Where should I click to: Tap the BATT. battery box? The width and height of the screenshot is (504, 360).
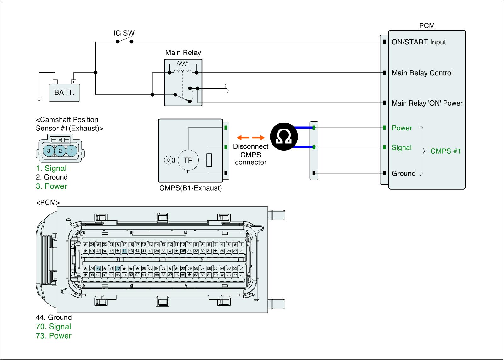(x=64, y=93)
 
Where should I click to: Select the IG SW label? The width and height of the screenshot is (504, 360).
(x=124, y=33)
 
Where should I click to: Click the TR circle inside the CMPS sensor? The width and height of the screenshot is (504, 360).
(x=188, y=160)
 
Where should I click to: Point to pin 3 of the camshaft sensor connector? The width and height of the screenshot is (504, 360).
(x=49, y=151)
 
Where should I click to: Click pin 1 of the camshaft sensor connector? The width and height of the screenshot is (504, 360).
(x=72, y=151)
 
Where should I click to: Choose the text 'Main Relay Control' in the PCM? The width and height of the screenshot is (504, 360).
(x=422, y=73)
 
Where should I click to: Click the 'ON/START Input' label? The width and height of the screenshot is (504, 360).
(x=419, y=42)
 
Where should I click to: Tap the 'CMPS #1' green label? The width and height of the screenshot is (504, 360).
(x=445, y=151)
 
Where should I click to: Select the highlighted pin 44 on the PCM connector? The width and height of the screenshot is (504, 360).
(x=124, y=251)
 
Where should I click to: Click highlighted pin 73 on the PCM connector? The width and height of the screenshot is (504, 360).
(x=98, y=268)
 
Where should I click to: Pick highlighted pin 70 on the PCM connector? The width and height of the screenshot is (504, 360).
(x=118, y=268)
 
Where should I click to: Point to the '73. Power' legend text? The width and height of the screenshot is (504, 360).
(x=54, y=336)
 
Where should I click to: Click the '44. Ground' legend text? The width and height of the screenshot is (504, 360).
(x=54, y=317)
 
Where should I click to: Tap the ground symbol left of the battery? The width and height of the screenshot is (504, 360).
(x=39, y=99)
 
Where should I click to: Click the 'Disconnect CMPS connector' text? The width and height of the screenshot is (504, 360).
(x=250, y=154)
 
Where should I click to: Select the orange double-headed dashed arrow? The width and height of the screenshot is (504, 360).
(x=250, y=138)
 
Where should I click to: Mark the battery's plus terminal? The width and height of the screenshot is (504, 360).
(x=73, y=82)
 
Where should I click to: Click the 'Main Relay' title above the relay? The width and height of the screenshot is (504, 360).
(x=183, y=53)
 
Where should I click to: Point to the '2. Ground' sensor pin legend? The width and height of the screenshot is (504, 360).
(x=52, y=177)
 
